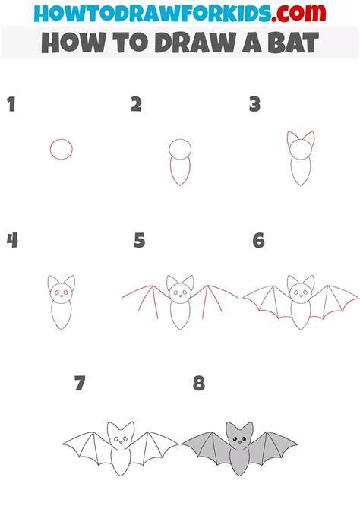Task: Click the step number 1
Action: (11, 105)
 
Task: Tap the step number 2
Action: (136, 105)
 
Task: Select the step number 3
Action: (255, 105)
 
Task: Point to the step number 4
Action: (12, 241)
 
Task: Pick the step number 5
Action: (139, 241)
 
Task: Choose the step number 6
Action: (259, 241)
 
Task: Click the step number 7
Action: (80, 383)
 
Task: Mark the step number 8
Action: (199, 383)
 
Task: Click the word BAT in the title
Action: (293, 43)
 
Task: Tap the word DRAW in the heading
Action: (194, 43)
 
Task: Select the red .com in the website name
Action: (298, 14)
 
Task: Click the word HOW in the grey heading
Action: (74, 43)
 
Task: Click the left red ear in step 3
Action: (289, 137)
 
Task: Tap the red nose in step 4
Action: (62, 296)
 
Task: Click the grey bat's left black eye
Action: (235, 439)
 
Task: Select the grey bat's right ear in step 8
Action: (248, 429)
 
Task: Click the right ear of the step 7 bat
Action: (128, 429)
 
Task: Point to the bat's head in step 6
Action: (301, 292)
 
